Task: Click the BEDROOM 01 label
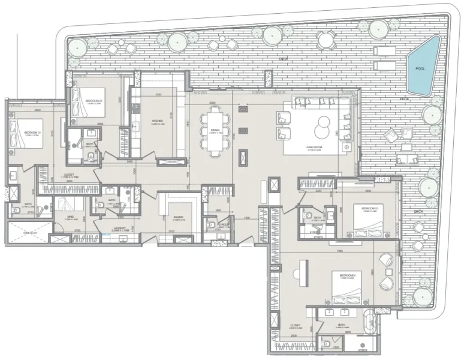click(x=31, y=132)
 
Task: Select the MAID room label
click(x=69, y=217)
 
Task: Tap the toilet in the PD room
click(x=210, y=224)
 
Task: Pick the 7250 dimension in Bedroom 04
click(x=339, y=251)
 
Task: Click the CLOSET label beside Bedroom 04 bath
click(x=295, y=326)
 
